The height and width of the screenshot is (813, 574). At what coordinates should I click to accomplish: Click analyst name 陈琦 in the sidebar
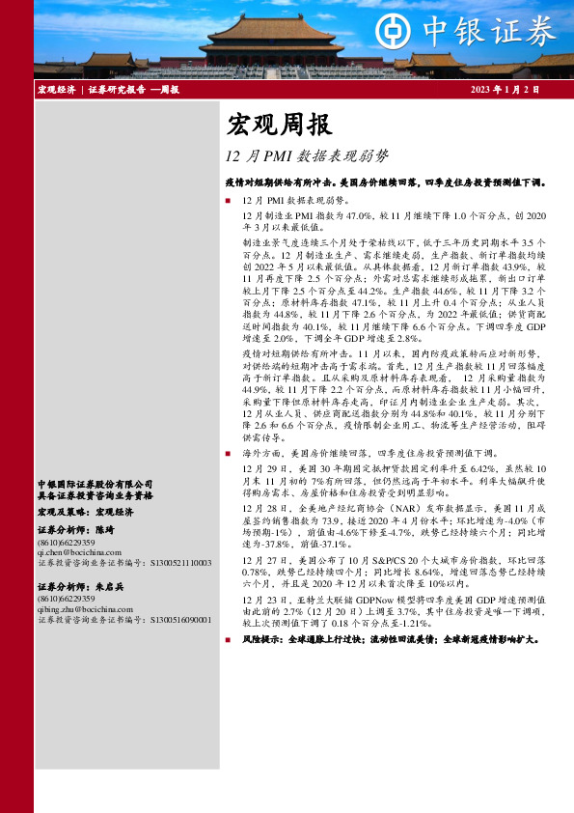pyautogui.click(x=105, y=530)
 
